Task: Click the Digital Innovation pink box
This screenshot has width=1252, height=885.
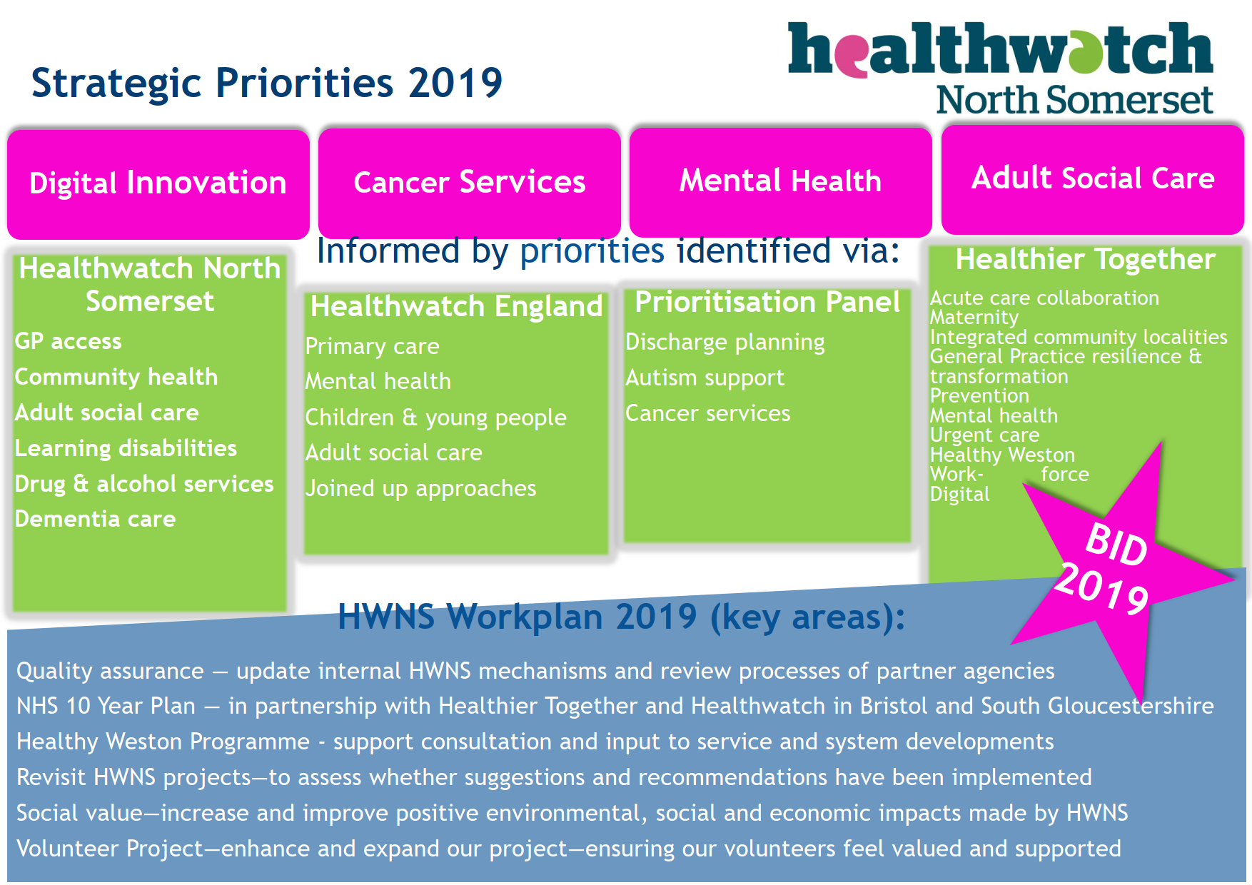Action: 158,183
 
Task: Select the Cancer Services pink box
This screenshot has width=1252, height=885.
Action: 469,183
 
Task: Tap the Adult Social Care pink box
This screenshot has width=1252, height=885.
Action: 1092,178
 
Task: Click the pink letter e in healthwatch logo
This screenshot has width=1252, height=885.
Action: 850,56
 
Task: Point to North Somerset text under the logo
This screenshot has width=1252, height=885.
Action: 1074,100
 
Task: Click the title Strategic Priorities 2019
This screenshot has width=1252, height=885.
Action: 266,83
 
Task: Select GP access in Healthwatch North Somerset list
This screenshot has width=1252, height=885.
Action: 69,341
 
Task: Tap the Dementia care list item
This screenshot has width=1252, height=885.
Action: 95,519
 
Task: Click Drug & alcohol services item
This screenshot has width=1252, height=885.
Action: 144,484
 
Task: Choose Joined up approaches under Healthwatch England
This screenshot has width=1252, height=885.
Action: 420,488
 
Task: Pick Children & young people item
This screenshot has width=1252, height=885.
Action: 435,418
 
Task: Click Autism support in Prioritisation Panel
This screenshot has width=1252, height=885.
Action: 705,378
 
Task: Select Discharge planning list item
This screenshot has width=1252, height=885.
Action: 725,342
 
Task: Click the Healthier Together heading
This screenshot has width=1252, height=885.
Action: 1085,260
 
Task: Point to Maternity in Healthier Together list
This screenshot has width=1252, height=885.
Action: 974,317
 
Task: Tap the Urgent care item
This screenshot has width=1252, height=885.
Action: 984,435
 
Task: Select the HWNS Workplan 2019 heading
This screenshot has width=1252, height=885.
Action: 621,617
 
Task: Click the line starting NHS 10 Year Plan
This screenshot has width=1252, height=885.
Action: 614,706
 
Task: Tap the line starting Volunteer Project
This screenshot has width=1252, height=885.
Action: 568,849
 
